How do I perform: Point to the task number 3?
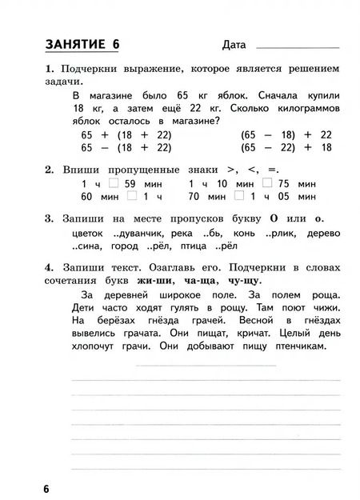tap(49, 218)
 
